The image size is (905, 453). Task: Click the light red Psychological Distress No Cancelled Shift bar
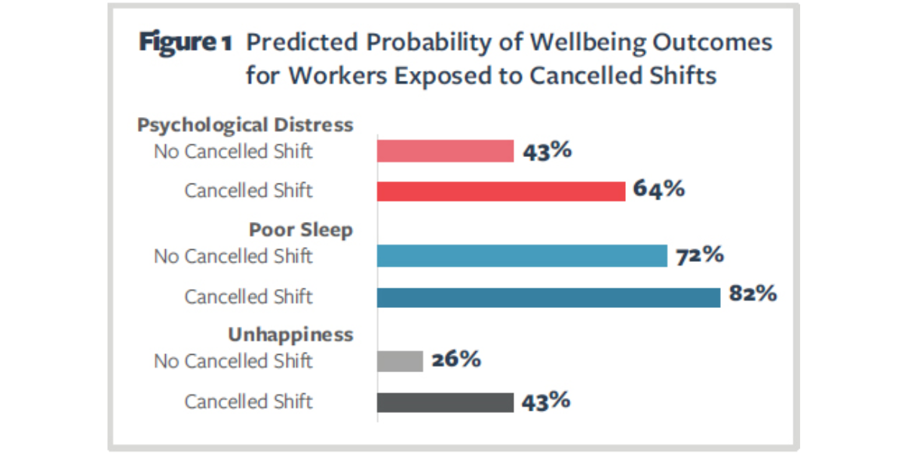445,151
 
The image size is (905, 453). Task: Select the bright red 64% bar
501,191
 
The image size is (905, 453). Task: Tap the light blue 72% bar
522,256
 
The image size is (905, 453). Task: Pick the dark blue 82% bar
548,297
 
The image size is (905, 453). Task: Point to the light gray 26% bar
400,361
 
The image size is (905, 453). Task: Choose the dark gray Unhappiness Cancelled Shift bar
445,402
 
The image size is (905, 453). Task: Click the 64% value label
658,190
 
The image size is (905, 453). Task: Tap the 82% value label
753,294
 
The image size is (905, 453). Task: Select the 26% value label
456,359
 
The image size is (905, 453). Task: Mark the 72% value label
699,255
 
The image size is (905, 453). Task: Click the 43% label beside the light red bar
546,150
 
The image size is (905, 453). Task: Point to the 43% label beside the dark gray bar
546,400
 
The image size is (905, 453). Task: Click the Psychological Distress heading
245,125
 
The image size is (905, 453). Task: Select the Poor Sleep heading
301,230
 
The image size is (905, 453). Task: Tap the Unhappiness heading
290,334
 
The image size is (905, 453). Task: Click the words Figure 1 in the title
185,43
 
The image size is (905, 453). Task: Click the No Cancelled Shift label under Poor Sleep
233,257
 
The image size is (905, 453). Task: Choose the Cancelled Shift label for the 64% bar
248,191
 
